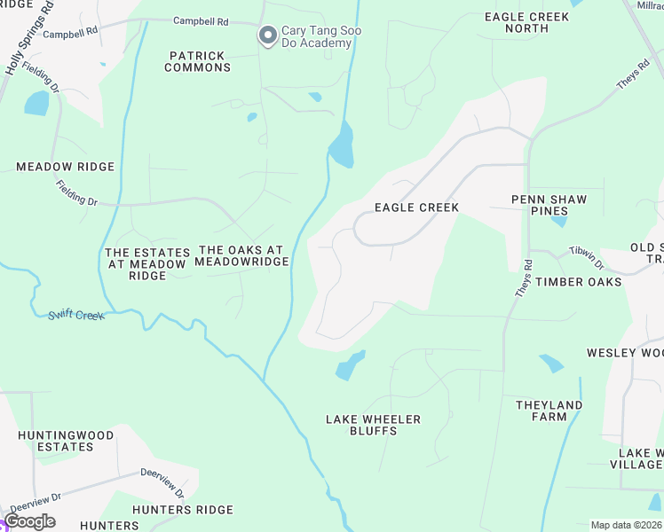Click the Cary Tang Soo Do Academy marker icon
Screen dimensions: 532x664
point(267,35)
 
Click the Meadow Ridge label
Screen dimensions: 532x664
point(66,167)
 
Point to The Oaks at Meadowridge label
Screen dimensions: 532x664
point(241,256)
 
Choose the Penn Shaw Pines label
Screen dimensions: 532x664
point(549,206)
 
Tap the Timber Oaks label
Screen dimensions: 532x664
point(578,282)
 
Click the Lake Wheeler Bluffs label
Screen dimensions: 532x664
point(373,426)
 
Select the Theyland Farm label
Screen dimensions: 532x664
point(549,411)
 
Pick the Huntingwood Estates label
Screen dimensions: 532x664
point(66,441)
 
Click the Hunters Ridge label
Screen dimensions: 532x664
point(183,510)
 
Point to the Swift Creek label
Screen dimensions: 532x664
point(75,315)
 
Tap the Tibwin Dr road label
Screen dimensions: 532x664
point(587,258)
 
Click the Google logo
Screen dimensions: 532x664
point(30,521)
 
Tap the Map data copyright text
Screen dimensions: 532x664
point(626,525)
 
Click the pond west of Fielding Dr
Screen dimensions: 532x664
point(37,104)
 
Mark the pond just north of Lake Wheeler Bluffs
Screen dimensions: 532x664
point(350,365)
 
